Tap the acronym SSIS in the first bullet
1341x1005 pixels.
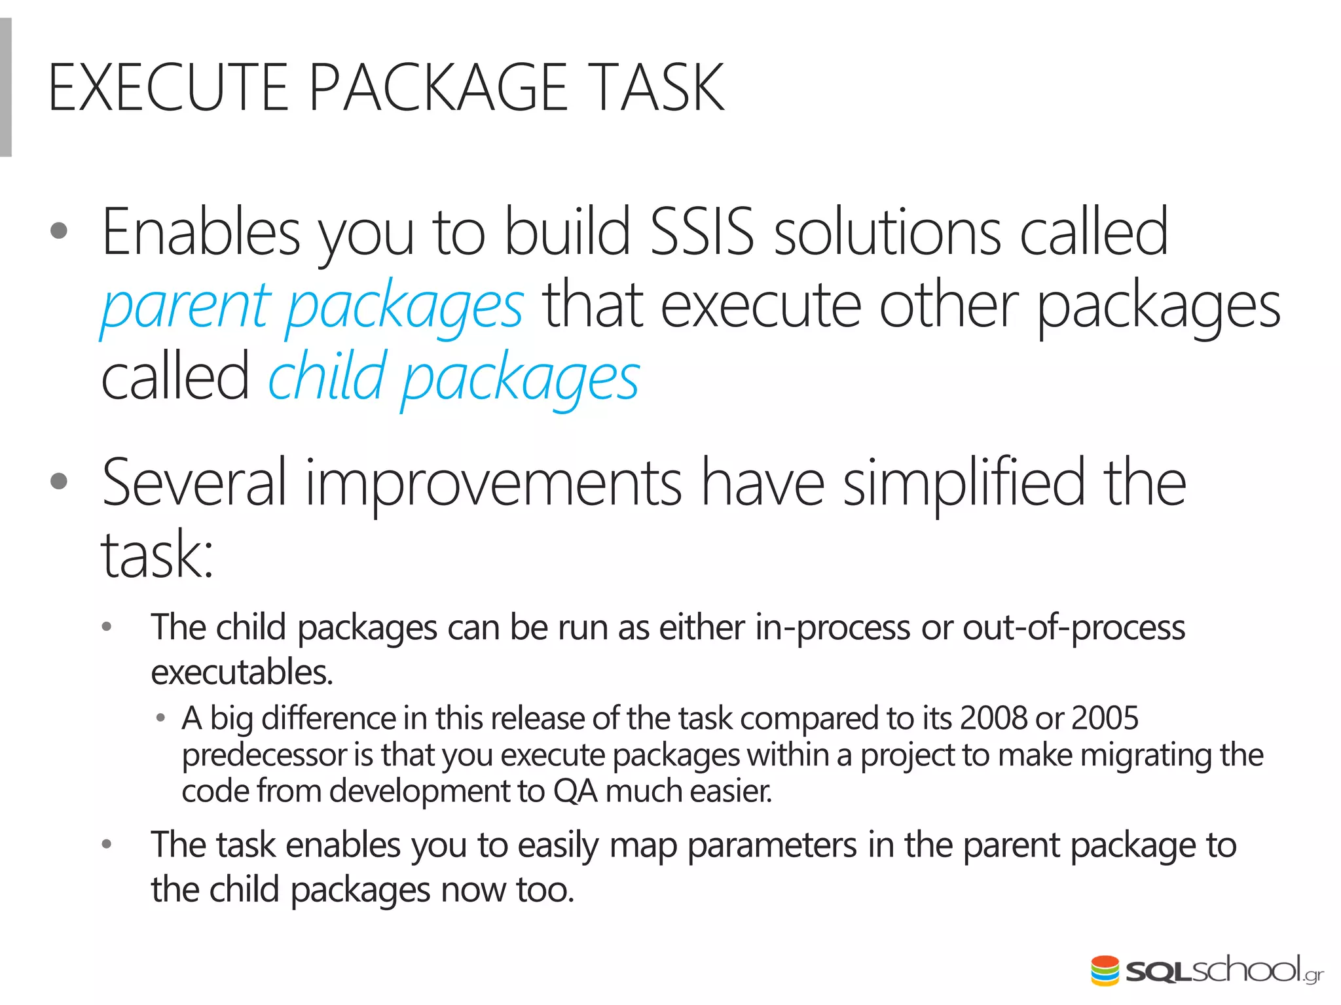click(x=701, y=232)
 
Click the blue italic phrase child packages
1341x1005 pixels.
click(x=454, y=378)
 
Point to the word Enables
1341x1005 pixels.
click(x=200, y=232)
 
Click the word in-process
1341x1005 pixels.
click(x=832, y=627)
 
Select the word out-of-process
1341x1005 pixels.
click(x=1074, y=627)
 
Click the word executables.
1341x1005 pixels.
click(x=242, y=673)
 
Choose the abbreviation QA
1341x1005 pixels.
click(x=575, y=791)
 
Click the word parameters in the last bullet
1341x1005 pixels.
click(x=771, y=845)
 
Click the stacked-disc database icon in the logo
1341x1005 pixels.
click(x=1105, y=970)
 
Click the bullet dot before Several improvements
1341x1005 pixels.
click(x=59, y=482)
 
